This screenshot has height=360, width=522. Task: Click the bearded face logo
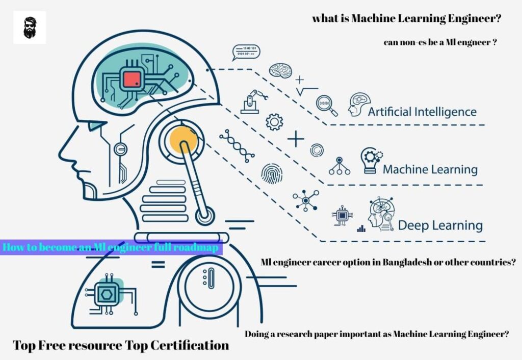coord(30,28)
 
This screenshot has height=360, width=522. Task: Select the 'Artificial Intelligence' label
coord(422,112)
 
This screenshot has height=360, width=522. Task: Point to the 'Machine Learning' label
coord(430,169)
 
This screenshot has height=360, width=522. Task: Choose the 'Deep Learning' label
coord(440,225)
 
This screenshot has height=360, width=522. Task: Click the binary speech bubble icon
coord(245,52)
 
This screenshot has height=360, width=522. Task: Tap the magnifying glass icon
coord(326,105)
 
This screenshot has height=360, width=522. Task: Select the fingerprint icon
coord(271,174)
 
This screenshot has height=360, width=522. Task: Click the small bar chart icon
coord(361,228)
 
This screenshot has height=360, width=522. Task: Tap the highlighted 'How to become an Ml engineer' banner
coord(112,248)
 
